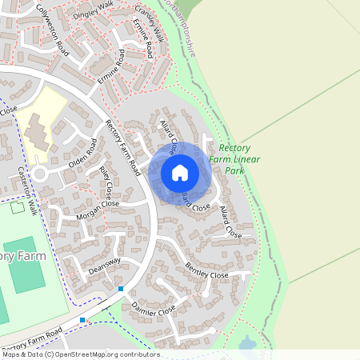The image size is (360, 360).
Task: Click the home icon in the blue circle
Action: tap(180, 172)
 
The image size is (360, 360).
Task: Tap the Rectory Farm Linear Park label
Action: tap(234, 159)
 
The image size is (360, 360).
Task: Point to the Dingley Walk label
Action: tap(94, 11)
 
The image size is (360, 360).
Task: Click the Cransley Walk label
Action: tap(150, 24)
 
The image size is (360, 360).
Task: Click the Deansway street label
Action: tap(104, 266)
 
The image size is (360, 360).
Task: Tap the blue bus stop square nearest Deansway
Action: tap(121, 288)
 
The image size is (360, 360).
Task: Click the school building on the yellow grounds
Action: tap(38, 130)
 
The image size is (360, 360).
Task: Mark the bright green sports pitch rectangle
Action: tap(28, 263)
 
